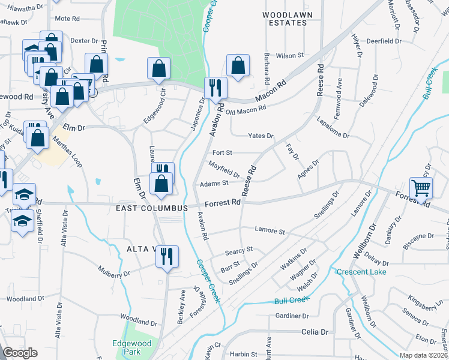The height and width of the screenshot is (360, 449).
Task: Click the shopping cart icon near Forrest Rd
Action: [x=421, y=187]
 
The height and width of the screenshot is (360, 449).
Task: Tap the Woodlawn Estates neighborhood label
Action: [x=285, y=18]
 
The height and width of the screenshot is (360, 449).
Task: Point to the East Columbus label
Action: [x=148, y=207]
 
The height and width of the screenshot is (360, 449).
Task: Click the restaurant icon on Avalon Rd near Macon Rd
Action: [x=215, y=88]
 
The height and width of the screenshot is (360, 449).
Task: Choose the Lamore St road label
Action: [x=270, y=230]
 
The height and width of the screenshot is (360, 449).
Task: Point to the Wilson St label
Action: [x=290, y=55]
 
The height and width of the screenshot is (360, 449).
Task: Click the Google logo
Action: [x=20, y=353]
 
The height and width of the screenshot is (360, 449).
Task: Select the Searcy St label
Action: [x=239, y=250]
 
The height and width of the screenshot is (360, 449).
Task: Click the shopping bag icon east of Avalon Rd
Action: [x=238, y=67]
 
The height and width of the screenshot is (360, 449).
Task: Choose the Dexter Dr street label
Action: [x=83, y=41]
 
